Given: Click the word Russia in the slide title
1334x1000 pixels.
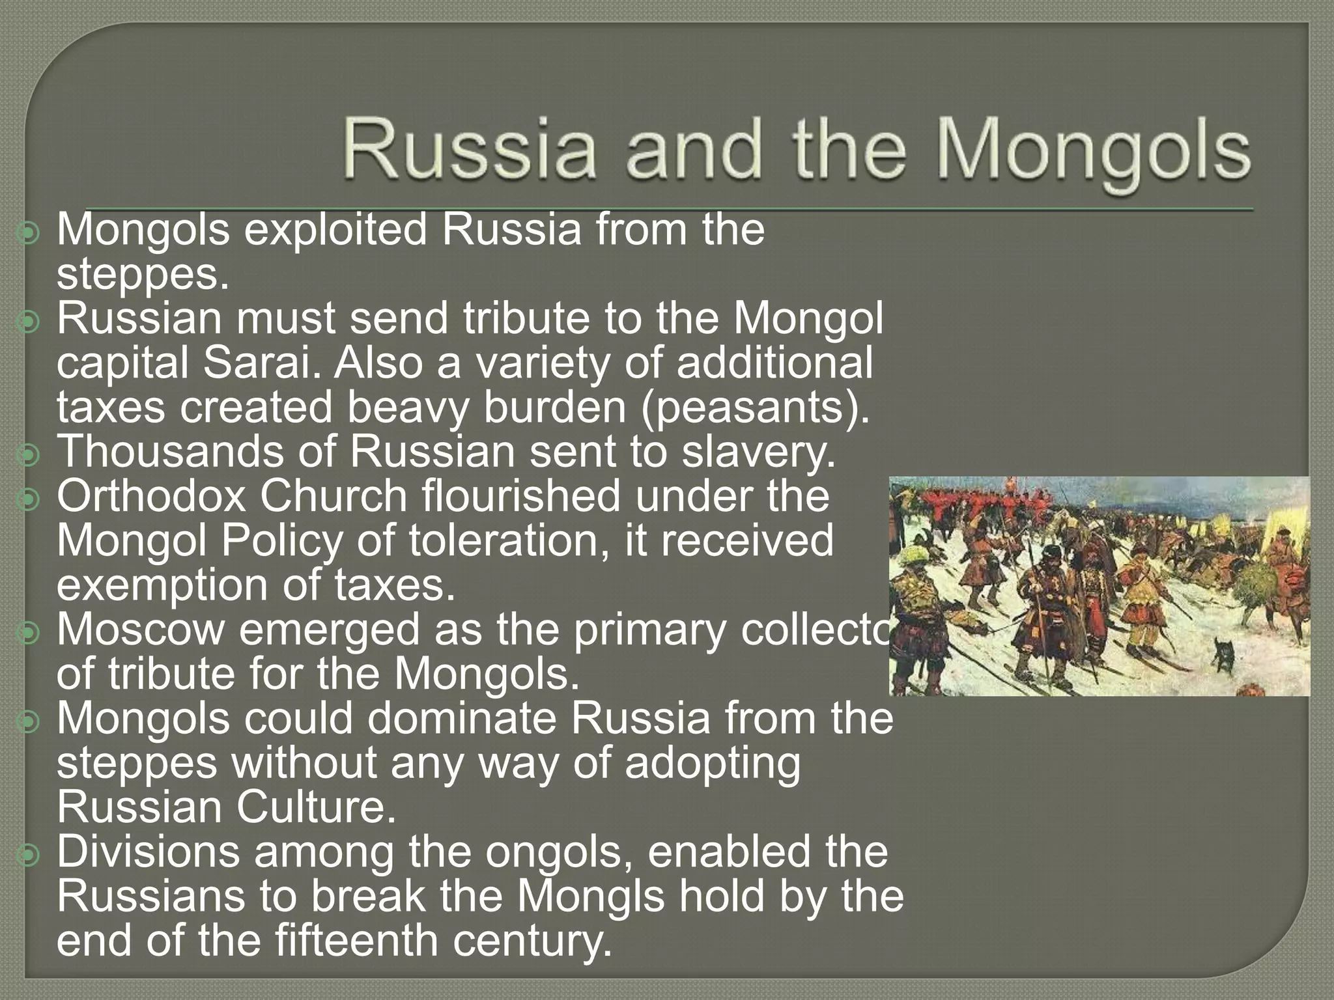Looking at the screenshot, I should [x=470, y=148].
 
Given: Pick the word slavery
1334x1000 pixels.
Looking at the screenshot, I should [x=758, y=452].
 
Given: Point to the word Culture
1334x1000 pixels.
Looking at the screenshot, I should [x=315, y=807].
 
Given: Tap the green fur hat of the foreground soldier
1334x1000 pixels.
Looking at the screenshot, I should [x=913, y=554].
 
